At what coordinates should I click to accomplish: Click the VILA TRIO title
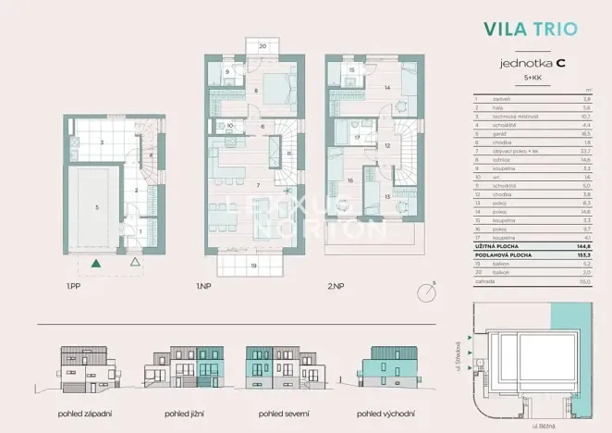531,28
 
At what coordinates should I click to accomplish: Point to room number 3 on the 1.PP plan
102,142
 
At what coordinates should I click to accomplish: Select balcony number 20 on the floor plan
262,44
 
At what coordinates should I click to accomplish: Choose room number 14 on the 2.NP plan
387,88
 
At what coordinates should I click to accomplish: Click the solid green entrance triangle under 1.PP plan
97,263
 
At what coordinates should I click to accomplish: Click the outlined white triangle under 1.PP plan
135,263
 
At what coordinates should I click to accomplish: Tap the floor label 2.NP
334,288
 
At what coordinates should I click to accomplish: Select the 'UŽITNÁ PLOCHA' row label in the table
498,245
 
